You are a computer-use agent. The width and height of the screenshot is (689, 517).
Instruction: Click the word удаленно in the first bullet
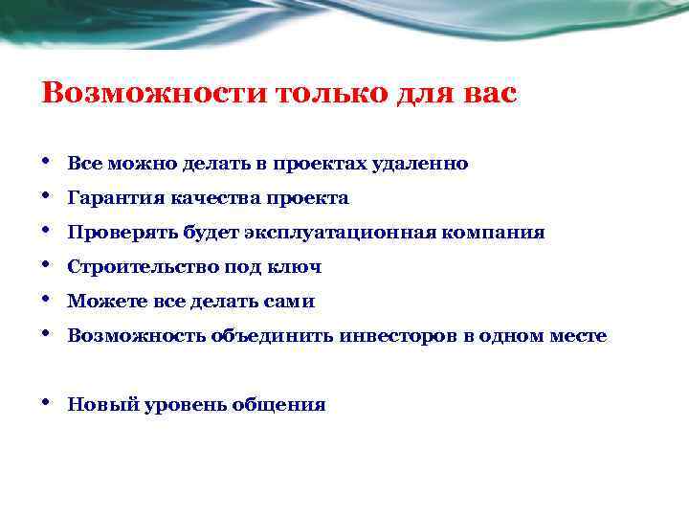[x=428, y=164]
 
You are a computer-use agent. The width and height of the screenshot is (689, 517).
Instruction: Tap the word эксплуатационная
[x=351, y=233]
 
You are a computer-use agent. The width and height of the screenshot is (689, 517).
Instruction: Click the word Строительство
[x=141, y=267]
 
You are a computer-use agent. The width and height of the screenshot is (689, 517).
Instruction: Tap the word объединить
[x=278, y=336]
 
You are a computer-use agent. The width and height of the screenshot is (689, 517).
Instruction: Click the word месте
[x=577, y=336]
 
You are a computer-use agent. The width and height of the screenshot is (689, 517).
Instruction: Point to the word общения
[x=289, y=405]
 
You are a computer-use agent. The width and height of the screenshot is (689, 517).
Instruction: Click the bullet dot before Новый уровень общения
[x=47, y=402]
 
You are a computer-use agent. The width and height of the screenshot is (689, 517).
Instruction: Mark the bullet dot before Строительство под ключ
[x=47, y=264]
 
